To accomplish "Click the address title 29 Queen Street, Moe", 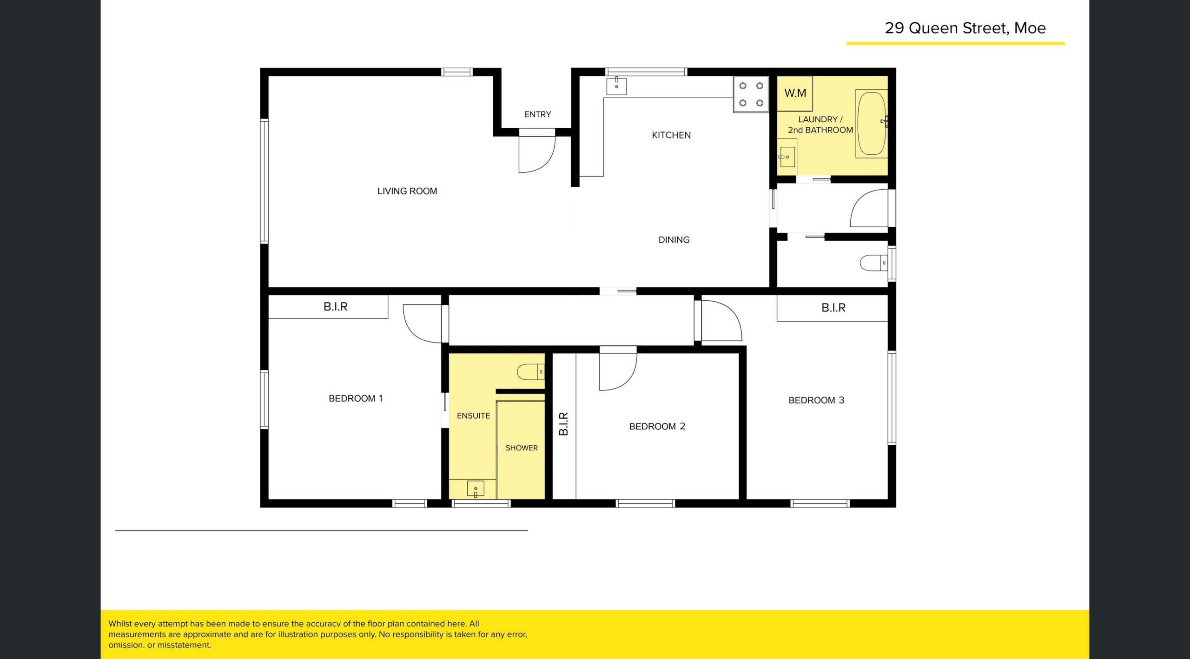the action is (965, 28).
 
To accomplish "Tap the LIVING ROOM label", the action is (407, 191).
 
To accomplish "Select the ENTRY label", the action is (537, 114).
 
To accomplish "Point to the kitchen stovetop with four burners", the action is (751, 94).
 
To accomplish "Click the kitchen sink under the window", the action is (616, 86).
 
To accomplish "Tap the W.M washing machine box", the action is (795, 93).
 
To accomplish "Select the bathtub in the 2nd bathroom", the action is (871, 124).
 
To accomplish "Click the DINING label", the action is (674, 240).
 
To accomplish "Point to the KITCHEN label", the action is (671, 135).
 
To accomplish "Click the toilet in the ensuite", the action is (530, 372).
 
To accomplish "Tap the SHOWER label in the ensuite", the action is (522, 448).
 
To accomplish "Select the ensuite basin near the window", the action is (476, 488).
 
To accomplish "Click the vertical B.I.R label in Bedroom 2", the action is (563, 424).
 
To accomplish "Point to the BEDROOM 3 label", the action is (816, 400).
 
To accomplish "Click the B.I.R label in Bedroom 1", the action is (336, 307).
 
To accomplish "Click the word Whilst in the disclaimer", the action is (120, 624).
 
